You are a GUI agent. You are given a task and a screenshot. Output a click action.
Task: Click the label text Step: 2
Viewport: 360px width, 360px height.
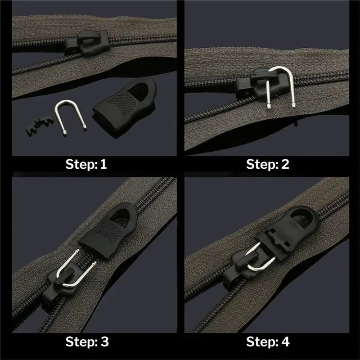[x=268, y=164]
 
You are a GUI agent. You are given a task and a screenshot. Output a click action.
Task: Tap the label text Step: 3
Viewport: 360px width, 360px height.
[x=87, y=341]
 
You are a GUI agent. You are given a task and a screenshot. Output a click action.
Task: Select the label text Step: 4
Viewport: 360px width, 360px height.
[x=268, y=341]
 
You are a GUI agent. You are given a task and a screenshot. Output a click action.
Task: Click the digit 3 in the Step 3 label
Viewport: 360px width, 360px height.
[x=104, y=341]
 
